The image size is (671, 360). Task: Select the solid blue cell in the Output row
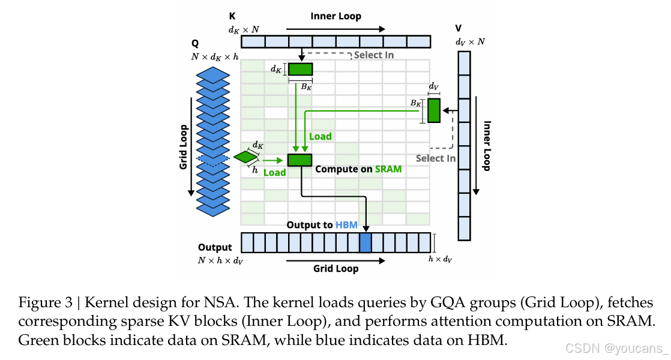coord(365,243)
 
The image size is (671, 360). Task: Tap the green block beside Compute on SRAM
coord(299,160)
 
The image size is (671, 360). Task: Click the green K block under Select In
coord(300,69)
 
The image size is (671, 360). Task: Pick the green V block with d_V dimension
coord(433,110)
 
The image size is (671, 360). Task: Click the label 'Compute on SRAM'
coord(358,169)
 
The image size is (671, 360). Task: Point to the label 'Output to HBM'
coord(322,225)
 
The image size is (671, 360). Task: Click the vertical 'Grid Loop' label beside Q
coord(184,147)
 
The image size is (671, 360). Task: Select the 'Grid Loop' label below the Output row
coord(335,268)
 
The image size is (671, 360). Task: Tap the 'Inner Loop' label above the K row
coord(335,16)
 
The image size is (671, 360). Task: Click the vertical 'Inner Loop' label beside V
coord(487,146)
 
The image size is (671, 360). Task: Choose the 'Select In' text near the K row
coord(374,55)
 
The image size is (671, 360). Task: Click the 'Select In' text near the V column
coord(435,158)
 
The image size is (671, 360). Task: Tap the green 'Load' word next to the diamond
coord(274,172)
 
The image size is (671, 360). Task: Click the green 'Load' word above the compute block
coord(320,136)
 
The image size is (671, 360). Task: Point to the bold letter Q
coord(195,44)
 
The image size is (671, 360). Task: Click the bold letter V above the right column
coord(459,28)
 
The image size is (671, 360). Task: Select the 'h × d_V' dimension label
coord(440,259)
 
